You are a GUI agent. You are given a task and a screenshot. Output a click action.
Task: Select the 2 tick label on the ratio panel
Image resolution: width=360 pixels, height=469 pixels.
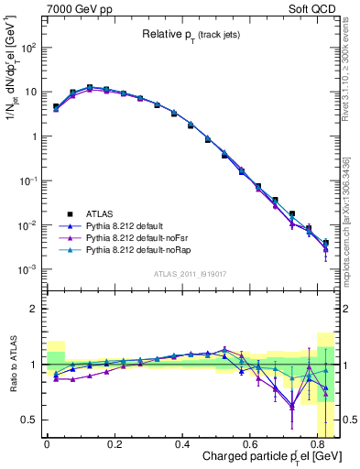[34, 309]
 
